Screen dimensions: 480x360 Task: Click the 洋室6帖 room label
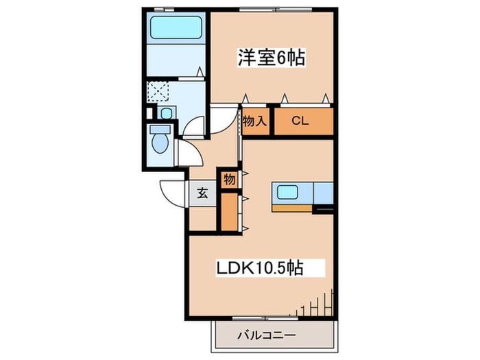272,57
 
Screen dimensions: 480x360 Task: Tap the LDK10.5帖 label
260,268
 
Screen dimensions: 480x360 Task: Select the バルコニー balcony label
267,335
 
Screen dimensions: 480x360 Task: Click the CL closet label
300,121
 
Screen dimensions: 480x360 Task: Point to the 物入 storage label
254,121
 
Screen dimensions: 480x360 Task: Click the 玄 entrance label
202,193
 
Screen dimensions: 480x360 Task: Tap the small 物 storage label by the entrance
229,180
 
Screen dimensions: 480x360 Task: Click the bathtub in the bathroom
176,27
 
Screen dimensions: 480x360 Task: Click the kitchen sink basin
287,192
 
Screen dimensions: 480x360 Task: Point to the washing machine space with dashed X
158,91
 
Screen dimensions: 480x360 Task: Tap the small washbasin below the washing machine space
166,114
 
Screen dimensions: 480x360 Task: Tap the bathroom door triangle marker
200,71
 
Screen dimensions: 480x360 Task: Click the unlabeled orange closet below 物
229,211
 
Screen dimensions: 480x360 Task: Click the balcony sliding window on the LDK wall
265,318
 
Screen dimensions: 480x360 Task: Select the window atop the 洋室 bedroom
276,10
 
